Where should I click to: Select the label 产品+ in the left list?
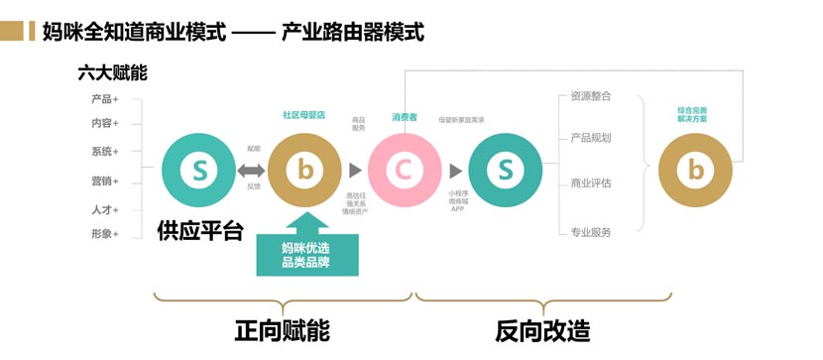[x=104, y=99]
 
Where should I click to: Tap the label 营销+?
[x=104, y=181]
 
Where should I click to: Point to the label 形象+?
[x=104, y=234]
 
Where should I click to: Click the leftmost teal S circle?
[x=199, y=171]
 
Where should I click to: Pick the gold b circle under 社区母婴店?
[x=304, y=171]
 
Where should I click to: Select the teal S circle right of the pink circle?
[x=505, y=171]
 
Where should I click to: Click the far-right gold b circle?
[x=696, y=171]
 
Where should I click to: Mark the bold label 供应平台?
[x=199, y=230]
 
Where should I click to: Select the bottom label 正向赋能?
[x=282, y=329]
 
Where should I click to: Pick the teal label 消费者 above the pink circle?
[x=405, y=117]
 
